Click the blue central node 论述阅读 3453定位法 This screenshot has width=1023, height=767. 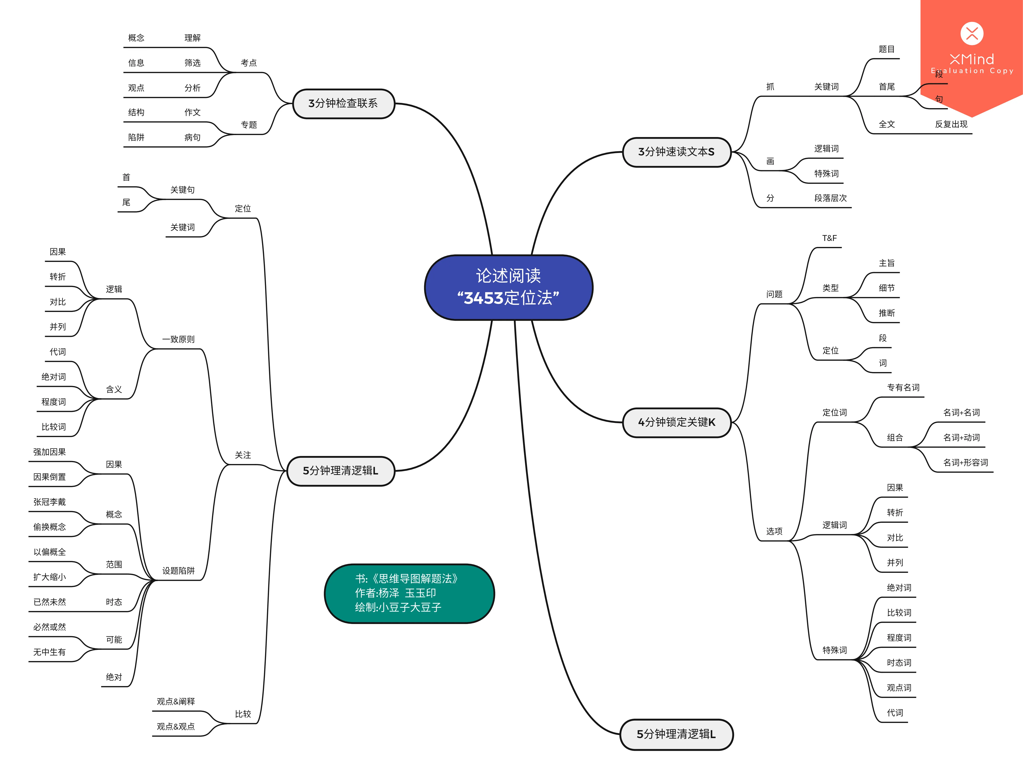[x=508, y=287]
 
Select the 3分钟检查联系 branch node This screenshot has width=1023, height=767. [x=344, y=104]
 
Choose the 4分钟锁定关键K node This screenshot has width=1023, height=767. [x=677, y=422]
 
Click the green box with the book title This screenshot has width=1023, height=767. [x=409, y=594]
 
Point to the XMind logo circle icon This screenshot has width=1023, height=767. [x=972, y=33]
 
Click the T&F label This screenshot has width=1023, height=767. [x=829, y=238]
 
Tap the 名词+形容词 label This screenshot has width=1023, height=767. [x=965, y=462]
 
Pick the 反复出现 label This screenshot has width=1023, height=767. [x=951, y=124]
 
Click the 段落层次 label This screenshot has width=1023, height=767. [x=831, y=198]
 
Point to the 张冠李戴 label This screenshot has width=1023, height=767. [x=50, y=502]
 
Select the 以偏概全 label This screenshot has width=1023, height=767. [x=50, y=552]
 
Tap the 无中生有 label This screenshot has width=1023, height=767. [x=50, y=652]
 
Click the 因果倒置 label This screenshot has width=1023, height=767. [x=50, y=477]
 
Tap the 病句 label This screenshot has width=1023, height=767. [x=192, y=137]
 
